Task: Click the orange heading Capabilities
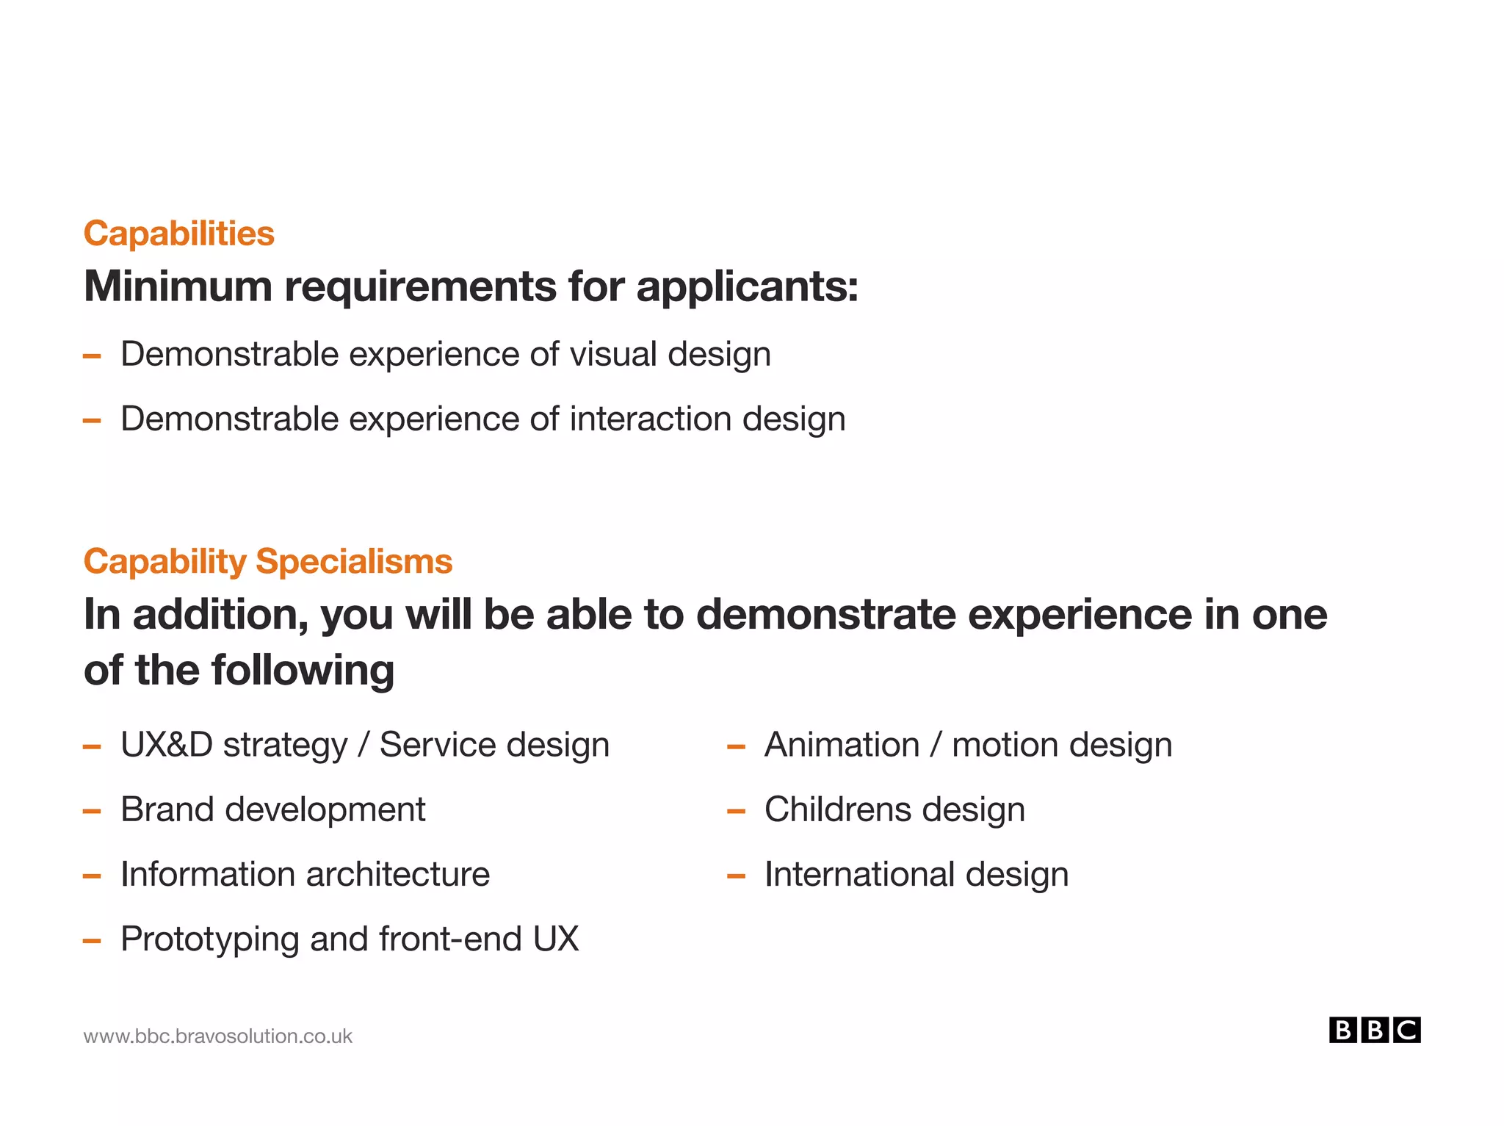(178, 234)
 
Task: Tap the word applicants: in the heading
(747, 287)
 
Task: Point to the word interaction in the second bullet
(651, 419)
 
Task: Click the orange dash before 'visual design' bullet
(92, 357)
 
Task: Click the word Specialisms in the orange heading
(354, 562)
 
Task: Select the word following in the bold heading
(303, 671)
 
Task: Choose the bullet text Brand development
(272, 809)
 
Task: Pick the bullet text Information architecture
(305, 874)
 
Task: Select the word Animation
(842, 745)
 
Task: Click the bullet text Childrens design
(894, 809)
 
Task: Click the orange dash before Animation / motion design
(736, 748)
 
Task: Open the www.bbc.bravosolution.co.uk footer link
(218, 1036)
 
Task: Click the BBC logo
(1374, 1030)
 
